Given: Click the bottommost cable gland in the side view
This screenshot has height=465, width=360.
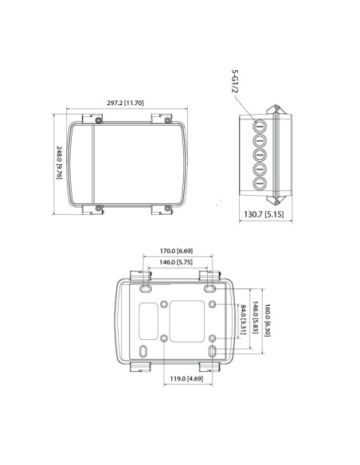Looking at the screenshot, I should (260, 183).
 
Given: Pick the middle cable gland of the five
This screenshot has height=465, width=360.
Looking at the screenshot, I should (260, 154).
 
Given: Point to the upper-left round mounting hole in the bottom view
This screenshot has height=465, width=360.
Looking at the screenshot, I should (164, 305).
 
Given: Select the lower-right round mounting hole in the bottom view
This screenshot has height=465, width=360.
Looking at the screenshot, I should (213, 338).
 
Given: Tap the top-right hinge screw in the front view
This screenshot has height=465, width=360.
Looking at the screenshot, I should (166, 120).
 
